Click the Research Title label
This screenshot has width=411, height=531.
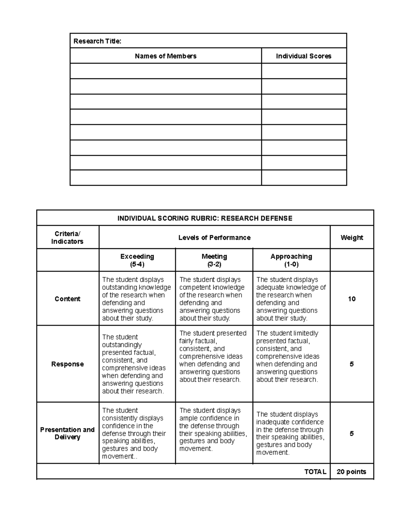pos(97,41)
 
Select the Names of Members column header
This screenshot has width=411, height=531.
pos(165,56)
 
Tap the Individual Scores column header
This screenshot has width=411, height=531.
pos(303,56)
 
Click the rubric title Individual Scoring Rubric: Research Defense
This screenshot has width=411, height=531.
pos(205,218)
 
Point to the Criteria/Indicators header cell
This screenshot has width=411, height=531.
pos(67,238)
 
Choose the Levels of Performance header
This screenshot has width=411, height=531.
pos(214,238)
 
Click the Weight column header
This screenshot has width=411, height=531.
pos(351,238)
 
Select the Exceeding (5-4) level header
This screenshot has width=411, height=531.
pos(137,260)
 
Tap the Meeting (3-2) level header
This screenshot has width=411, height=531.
pos(214,260)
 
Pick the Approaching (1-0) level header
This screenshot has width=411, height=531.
pos(291,260)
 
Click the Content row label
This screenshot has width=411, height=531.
pos(67,299)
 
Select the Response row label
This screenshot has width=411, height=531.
pos(67,364)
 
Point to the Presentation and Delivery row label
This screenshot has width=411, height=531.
pos(67,433)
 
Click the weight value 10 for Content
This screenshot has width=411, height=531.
pos(351,299)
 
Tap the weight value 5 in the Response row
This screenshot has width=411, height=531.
pos(351,364)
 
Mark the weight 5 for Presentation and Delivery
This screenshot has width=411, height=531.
pos(351,434)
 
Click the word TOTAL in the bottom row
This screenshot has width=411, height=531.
pos(315,472)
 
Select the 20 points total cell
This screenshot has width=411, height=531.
pos(351,472)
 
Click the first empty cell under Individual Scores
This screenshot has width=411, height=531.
pos(304,71)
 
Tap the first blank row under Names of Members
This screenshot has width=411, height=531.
pos(165,71)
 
